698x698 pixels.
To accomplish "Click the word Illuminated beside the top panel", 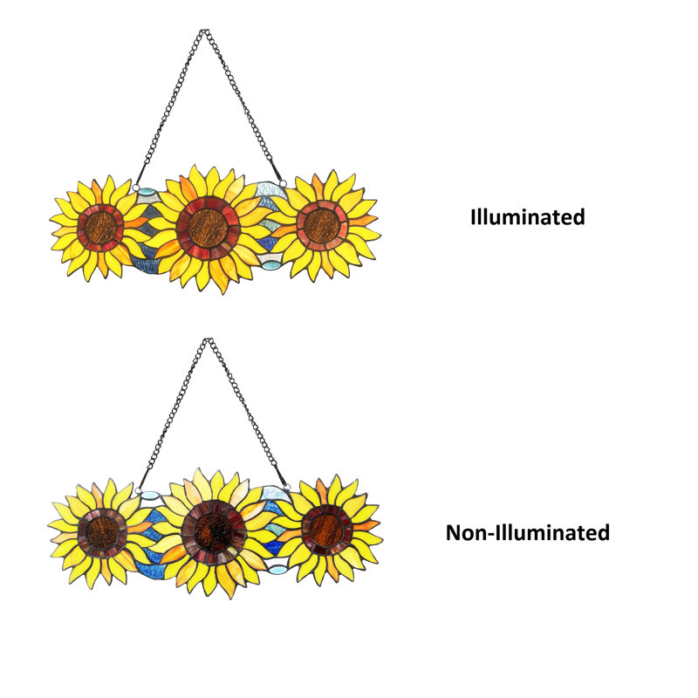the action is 528,217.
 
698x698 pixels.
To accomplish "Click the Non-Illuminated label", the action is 528,532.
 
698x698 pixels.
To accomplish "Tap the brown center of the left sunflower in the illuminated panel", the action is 100,227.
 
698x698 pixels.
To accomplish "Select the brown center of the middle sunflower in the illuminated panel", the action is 208,228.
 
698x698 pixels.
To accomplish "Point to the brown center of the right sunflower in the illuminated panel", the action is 320,225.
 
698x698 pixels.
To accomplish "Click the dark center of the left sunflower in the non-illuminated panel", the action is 102,532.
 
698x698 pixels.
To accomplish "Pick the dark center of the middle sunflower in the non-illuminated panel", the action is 214,532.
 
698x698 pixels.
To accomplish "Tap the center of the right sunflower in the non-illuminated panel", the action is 326,529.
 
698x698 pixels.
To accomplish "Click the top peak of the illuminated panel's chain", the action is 204,31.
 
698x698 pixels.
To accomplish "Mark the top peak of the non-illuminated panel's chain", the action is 207,340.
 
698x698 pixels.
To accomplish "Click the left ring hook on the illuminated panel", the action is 136,187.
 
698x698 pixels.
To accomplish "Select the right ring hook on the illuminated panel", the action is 283,183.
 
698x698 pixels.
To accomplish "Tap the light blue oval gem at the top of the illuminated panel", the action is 146,193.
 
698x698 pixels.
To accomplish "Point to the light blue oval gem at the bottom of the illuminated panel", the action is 270,265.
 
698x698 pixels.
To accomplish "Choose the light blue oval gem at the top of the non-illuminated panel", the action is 148,495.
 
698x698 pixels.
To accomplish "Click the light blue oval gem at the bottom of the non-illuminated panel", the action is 277,570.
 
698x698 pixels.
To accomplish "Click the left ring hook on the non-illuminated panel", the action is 139,491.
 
